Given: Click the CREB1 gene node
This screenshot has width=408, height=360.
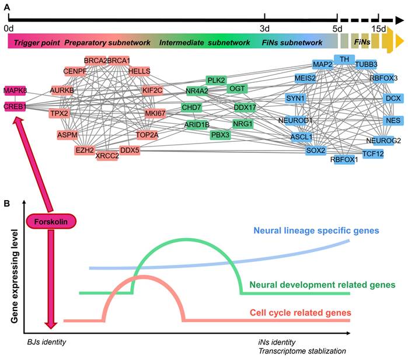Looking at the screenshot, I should (x=16, y=105).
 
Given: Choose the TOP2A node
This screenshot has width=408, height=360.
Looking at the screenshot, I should (x=147, y=134).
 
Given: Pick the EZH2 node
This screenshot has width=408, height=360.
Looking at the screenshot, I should (x=84, y=150).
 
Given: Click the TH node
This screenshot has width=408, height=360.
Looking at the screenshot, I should (x=344, y=60).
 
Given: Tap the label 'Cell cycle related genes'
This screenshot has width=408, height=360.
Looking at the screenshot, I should (x=300, y=313).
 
